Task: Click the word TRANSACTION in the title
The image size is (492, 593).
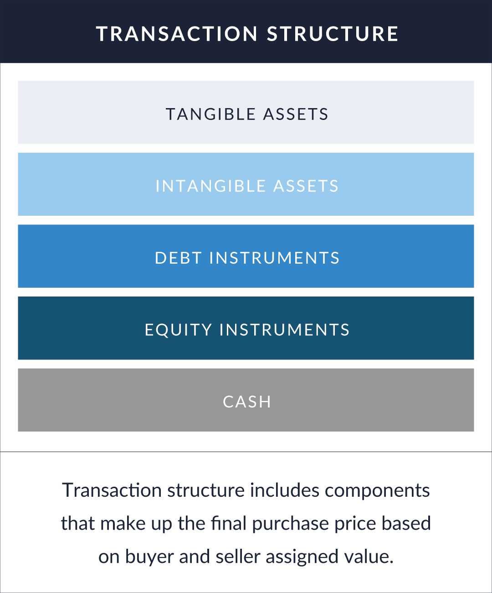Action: pos(177,34)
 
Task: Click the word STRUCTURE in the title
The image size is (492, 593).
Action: pos(333,34)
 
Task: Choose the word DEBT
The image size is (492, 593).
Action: pos(178,258)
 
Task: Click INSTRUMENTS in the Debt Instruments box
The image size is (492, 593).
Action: pos(274,258)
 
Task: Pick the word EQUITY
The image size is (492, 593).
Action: pos(178,330)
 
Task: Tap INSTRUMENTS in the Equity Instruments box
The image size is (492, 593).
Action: pos(284,330)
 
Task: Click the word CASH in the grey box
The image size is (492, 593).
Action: pos(247,402)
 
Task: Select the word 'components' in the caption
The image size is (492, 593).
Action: pos(377,491)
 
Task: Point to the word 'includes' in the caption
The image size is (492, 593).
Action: pos(285,491)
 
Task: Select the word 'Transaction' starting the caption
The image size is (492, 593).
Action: pos(112,491)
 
